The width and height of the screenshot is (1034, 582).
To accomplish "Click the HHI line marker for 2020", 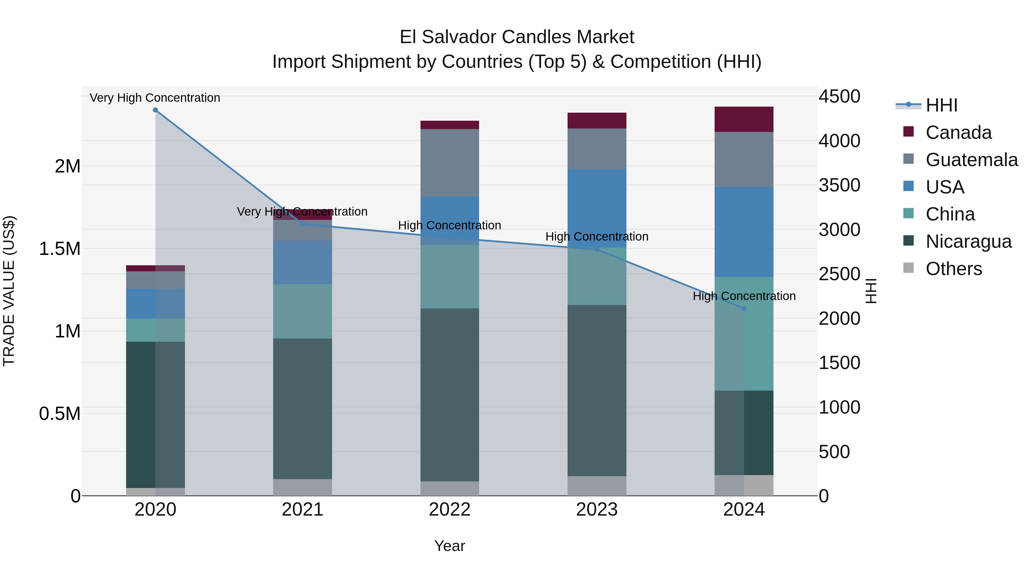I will pyautogui.click(x=155, y=110).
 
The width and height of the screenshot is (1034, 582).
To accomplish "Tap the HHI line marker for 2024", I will pyautogui.click(x=744, y=308).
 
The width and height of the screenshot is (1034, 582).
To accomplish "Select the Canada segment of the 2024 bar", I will pyautogui.click(x=744, y=119).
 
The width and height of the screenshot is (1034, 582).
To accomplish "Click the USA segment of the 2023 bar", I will pyautogui.click(x=597, y=208).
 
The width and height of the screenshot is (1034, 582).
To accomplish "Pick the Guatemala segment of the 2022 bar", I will pyautogui.click(x=450, y=163).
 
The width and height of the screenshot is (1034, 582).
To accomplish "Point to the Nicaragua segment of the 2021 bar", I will pyautogui.click(x=303, y=408).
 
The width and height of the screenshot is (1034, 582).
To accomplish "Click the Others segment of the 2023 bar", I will pyautogui.click(x=597, y=486).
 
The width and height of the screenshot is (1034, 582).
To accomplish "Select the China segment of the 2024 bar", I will pyautogui.click(x=744, y=333).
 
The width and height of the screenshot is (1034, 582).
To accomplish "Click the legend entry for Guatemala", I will pyautogui.click(x=971, y=160).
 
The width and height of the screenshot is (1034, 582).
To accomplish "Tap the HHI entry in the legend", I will pyautogui.click(x=941, y=105).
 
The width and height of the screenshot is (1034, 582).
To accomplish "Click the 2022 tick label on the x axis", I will pyautogui.click(x=450, y=510).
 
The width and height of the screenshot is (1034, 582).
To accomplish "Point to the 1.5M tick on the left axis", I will pyautogui.click(x=60, y=249).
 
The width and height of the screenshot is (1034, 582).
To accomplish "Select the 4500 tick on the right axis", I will pyautogui.click(x=839, y=96).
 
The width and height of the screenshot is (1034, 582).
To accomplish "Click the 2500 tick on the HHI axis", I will pyautogui.click(x=839, y=274).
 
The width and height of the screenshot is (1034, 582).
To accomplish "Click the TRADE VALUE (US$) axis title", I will pyautogui.click(x=9, y=291).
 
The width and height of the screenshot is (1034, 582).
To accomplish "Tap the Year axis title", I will pyautogui.click(x=450, y=546).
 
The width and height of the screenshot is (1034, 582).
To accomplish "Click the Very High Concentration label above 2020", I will pyautogui.click(x=155, y=98).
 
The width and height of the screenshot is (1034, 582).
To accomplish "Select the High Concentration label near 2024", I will pyautogui.click(x=744, y=296).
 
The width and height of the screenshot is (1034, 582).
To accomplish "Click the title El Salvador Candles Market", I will pyautogui.click(x=517, y=37).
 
